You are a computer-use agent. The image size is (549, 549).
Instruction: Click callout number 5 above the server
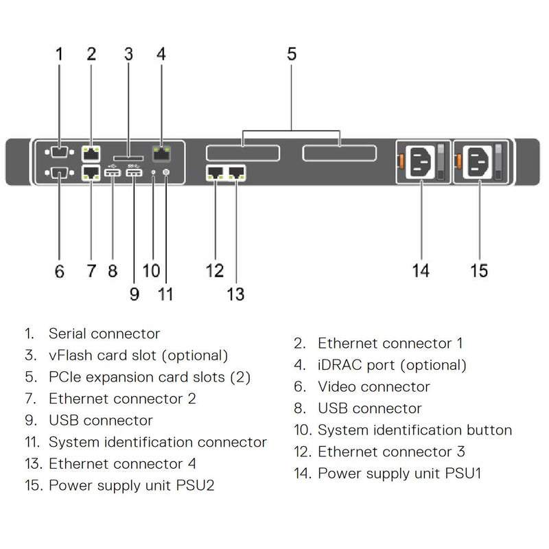click(x=292, y=54)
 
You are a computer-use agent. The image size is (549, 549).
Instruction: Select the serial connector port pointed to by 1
click(x=58, y=152)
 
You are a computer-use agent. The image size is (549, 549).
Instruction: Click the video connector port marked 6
click(x=58, y=173)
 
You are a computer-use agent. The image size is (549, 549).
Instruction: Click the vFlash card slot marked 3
click(x=128, y=157)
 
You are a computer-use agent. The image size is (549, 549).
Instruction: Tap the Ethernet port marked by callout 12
click(x=215, y=173)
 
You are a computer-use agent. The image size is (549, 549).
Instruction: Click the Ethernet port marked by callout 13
click(x=237, y=173)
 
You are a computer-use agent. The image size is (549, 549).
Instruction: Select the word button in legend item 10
click(x=487, y=430)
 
